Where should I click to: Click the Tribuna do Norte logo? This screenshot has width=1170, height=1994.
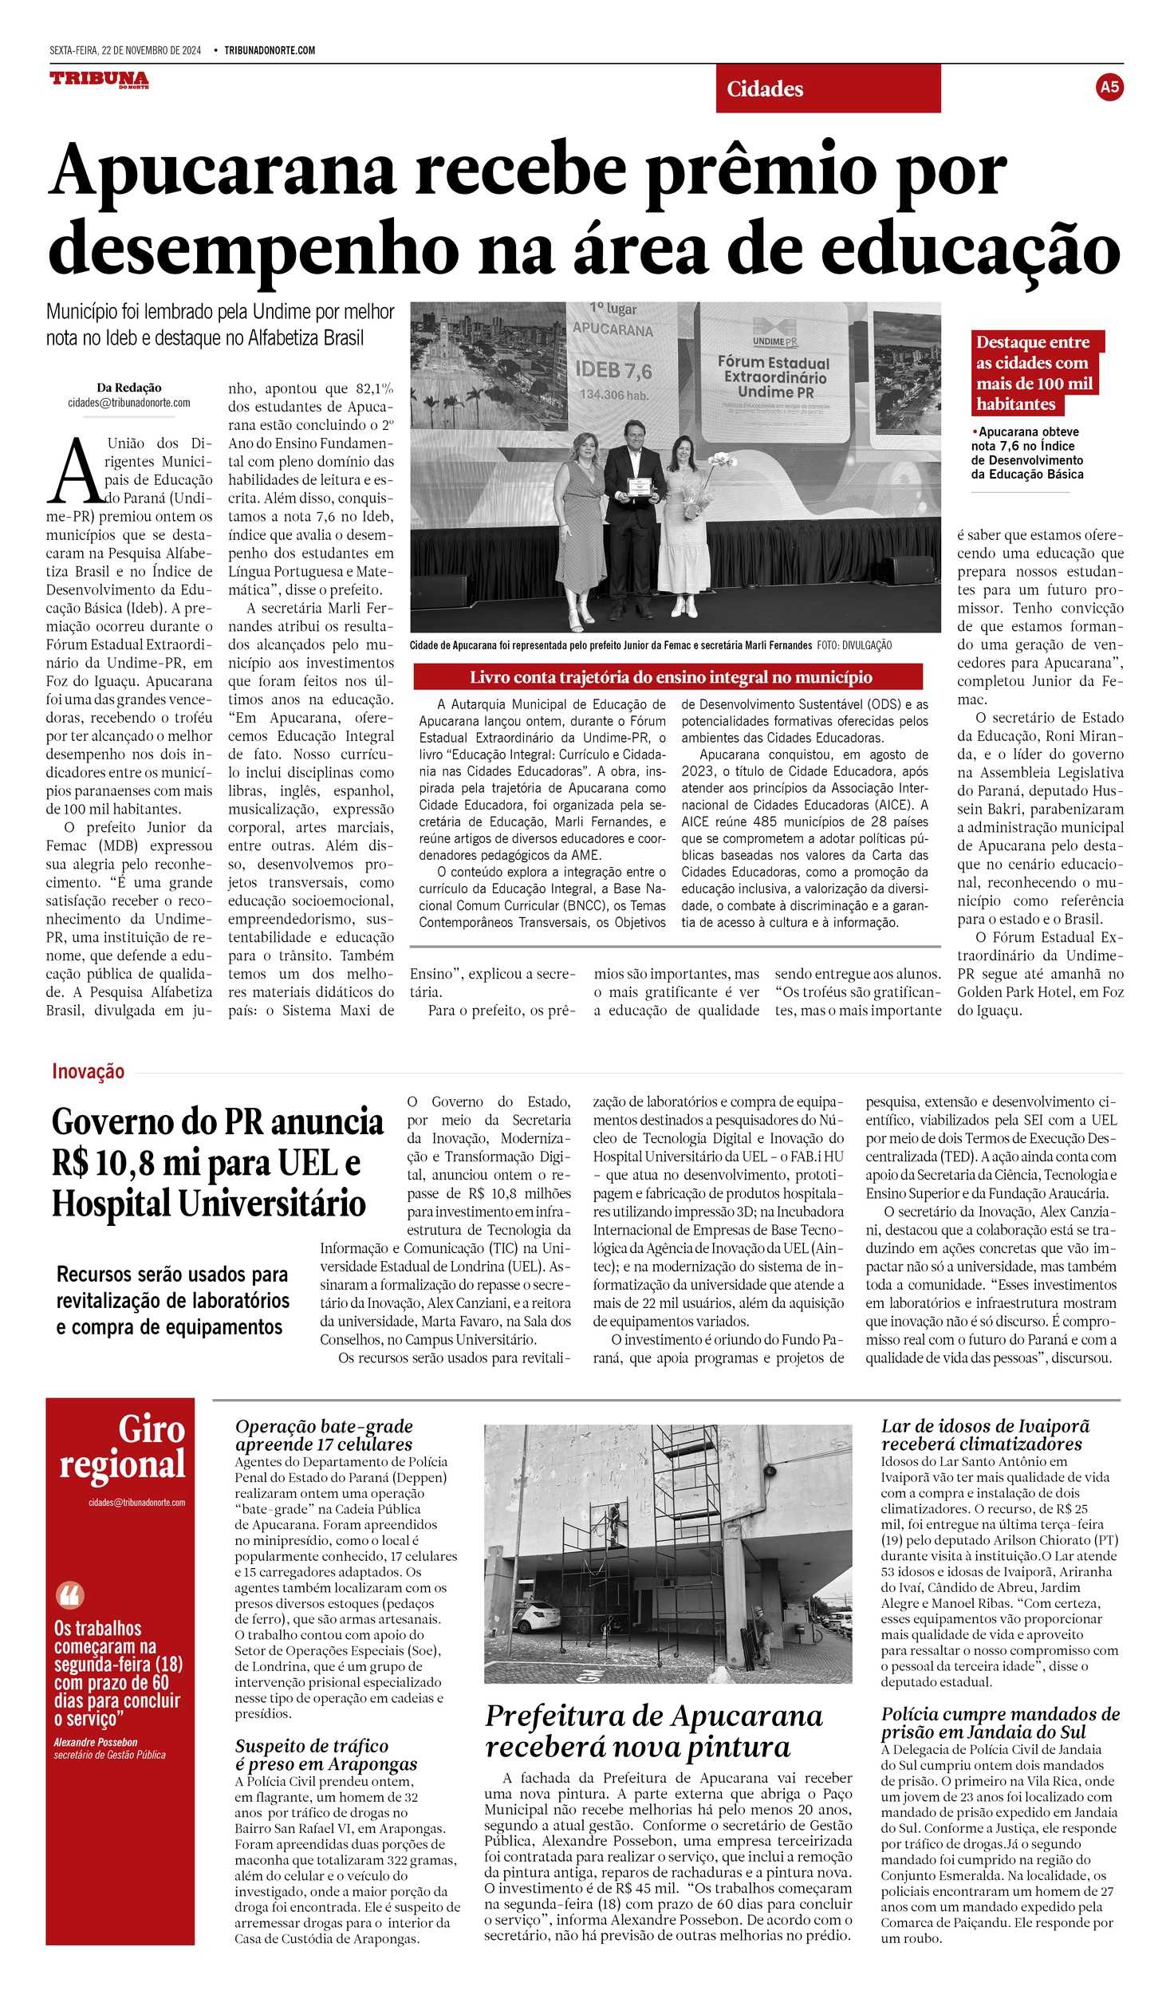pyautogui.click(x=99, y=80)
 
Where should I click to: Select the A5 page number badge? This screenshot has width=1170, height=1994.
pyautogui.click(x=1109, y=87)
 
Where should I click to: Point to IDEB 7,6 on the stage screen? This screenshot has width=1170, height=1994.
pyautogui.click(x=613, y=370)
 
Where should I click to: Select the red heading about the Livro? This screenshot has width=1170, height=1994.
pyautogui.click(x=668, y=677)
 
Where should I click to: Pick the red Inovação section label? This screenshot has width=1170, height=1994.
pyautogui.click(x=88, y=1071)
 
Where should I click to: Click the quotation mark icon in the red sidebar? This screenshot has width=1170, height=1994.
pyautogui.click(x=70, y=1595)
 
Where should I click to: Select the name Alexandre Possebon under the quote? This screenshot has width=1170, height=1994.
pyautogui.click(x=96, y=1743)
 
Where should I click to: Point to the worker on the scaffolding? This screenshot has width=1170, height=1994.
pyautogui.click(x=615, y=1523)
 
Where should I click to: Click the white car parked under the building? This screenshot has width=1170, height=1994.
pyautogui.click(x=537, y=1616)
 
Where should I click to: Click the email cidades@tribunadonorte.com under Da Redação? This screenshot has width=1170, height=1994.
pyautogui.click(x=129, y=403)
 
